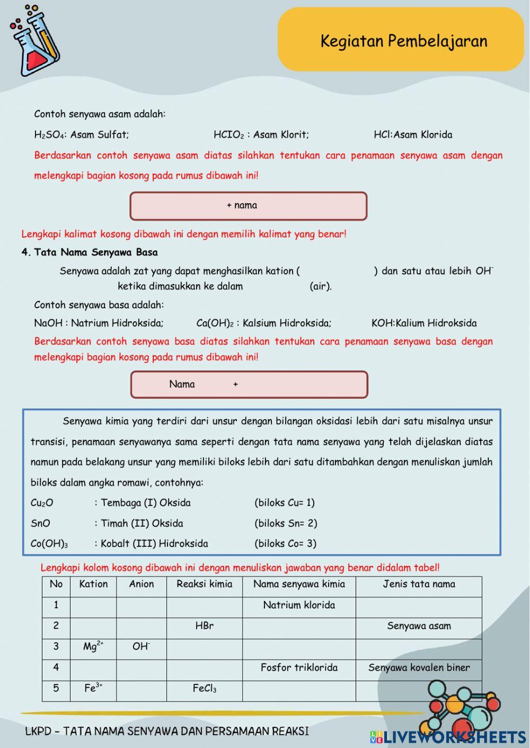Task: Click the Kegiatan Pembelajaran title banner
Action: click(x=401, y=41)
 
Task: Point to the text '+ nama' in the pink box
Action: click(x=242, y=205)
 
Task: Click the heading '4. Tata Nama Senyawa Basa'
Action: click(x=90, y=252)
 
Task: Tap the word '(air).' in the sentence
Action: click(x=321, y=286)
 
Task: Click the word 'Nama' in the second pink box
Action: click(x=182, y=384)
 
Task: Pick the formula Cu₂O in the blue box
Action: click(x=42, y=503)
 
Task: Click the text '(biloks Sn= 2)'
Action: click(x=286, y=524)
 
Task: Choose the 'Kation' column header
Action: click(x=93, y=584)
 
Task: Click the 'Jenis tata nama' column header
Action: click(x=419, y=584)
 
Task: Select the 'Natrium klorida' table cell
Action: click(x=299, y=605)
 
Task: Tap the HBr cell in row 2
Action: click(x=205, y=626)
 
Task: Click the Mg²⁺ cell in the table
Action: click(x=93, y=646)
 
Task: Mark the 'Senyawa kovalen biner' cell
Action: click(x=419, y=668)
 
